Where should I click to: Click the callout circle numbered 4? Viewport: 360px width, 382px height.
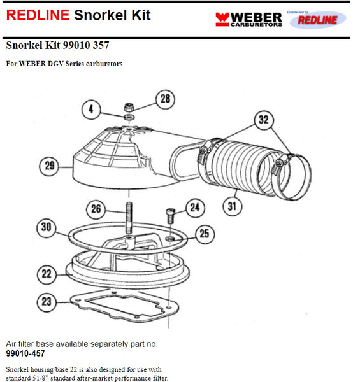click(x=92, y=109)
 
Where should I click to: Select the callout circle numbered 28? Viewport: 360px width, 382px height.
click(x=165, y=99)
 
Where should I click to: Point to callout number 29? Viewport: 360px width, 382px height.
click(x=49, y=167)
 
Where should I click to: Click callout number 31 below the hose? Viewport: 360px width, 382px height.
click(x=234, y=205)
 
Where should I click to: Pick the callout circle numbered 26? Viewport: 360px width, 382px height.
click(x=96, y=208)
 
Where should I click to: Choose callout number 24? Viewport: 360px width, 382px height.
click(x=195, y=206)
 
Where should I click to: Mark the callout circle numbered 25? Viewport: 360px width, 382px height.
click(x=203, y=235)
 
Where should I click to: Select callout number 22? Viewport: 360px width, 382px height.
click(x=47, y=274)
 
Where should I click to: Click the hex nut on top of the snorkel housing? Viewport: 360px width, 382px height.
click(x=129, y=107)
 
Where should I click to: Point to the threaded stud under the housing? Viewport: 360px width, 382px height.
click(x=129, y=216)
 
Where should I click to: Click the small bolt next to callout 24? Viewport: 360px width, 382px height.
click(x=169, y=216)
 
